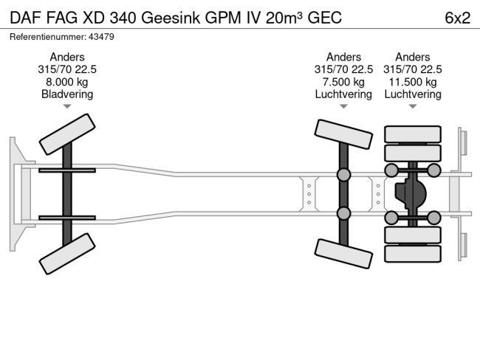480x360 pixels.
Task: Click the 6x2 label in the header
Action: point(457,18)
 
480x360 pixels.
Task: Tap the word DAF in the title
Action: point(24,18)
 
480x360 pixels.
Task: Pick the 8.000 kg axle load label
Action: point(67,82)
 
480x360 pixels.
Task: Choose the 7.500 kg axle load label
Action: point(343,82)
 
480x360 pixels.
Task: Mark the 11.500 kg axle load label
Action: point(413,82)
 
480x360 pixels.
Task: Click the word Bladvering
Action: point(67,94)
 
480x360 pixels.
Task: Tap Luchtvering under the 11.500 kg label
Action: point(413,94)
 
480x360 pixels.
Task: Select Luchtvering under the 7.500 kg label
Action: point(343,94)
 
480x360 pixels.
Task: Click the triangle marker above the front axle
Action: point(67,107)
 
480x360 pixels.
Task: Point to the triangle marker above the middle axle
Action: point(343,107)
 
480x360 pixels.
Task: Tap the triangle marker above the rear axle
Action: point(413,107)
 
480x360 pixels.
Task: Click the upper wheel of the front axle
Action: point(66,133)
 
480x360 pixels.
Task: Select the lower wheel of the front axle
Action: point(66,254)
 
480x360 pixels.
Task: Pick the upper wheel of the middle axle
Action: point(343,134)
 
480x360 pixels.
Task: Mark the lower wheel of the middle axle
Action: point(343,253)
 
